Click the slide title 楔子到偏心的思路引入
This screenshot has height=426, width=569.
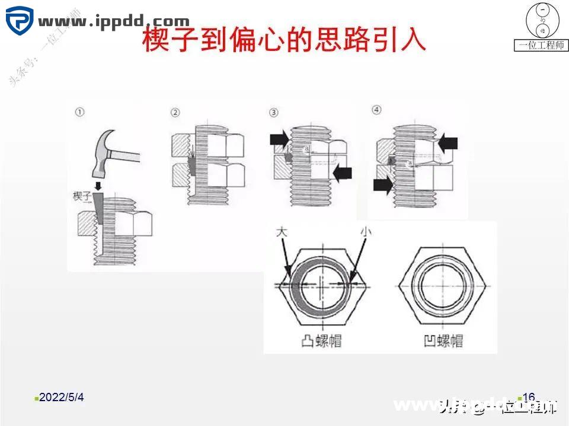click(284, 41)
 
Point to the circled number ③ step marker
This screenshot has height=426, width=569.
click(273, 112)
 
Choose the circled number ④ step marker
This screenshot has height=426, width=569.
click(376, 110)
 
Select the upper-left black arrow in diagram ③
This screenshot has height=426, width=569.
click(278, 140)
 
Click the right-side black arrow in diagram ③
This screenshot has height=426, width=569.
click(342, 173)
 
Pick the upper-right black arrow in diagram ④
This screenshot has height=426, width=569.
click(448, 142)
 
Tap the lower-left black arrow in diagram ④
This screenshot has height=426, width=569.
click(383, 185)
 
